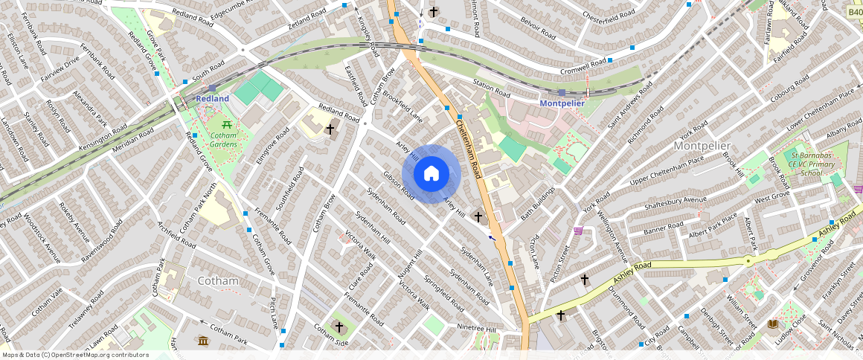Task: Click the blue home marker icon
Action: coord(431,174)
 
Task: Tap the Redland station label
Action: coord(212,98)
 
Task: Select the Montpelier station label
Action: coord(562,103)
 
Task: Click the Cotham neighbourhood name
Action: coord(219,280)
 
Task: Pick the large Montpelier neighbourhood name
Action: coord(702,146)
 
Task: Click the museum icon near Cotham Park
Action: coord(203,341)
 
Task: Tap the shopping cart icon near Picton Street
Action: coord(578,231)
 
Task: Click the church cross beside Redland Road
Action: coord(330,129)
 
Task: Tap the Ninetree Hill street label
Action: coord(477,327)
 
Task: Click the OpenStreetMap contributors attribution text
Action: coord(74,355)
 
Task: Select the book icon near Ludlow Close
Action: coord(772,324)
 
